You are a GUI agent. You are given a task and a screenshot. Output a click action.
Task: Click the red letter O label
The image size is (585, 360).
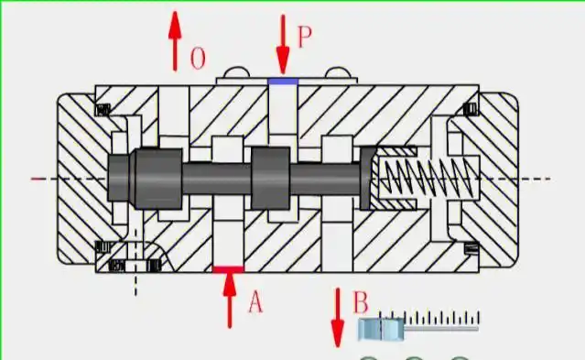198,59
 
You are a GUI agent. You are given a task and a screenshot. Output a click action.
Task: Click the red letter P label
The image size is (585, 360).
304,37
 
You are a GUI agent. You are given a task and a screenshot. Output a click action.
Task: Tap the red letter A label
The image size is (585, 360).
255,302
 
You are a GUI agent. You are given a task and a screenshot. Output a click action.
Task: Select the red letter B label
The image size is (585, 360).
361,302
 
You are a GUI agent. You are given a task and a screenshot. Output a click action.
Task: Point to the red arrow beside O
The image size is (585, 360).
175,40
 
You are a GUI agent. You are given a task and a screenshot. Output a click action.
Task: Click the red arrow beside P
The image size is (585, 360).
283,44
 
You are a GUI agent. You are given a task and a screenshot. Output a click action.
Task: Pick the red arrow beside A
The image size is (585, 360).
230,300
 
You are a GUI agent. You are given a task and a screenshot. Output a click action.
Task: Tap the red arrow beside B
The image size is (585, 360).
338,318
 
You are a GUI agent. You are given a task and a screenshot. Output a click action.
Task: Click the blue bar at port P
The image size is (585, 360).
283,82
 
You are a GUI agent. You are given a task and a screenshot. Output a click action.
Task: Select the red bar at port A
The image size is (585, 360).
228,269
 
